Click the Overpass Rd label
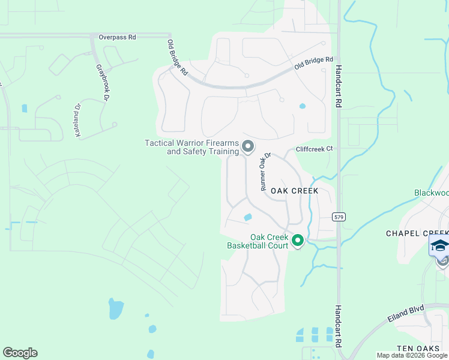point(118,37)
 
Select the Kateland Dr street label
point(78,121)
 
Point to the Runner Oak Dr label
point(265,172)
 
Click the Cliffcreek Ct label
point(313,149)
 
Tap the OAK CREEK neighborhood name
point(294,190)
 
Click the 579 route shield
point(339,217)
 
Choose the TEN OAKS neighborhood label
point(423,349)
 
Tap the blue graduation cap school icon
point(439,246)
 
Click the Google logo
point(20,353)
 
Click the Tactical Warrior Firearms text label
point(192,147)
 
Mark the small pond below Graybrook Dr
point(24,109)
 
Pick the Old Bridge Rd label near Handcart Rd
point(313,63)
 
